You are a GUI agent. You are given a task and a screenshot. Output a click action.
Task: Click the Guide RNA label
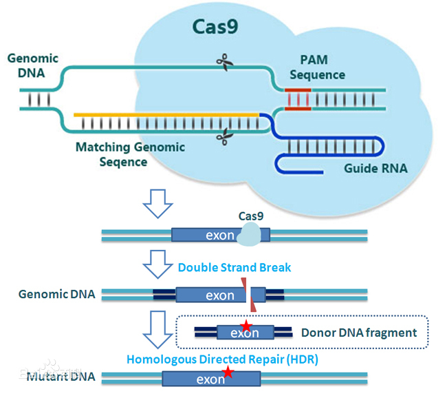375,168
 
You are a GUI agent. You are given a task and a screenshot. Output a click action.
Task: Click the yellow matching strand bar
166,114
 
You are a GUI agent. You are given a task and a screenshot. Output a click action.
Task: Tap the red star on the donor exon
245,326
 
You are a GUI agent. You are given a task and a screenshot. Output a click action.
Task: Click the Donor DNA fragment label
358,333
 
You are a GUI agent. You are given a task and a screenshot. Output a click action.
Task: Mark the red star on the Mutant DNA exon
228,373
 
